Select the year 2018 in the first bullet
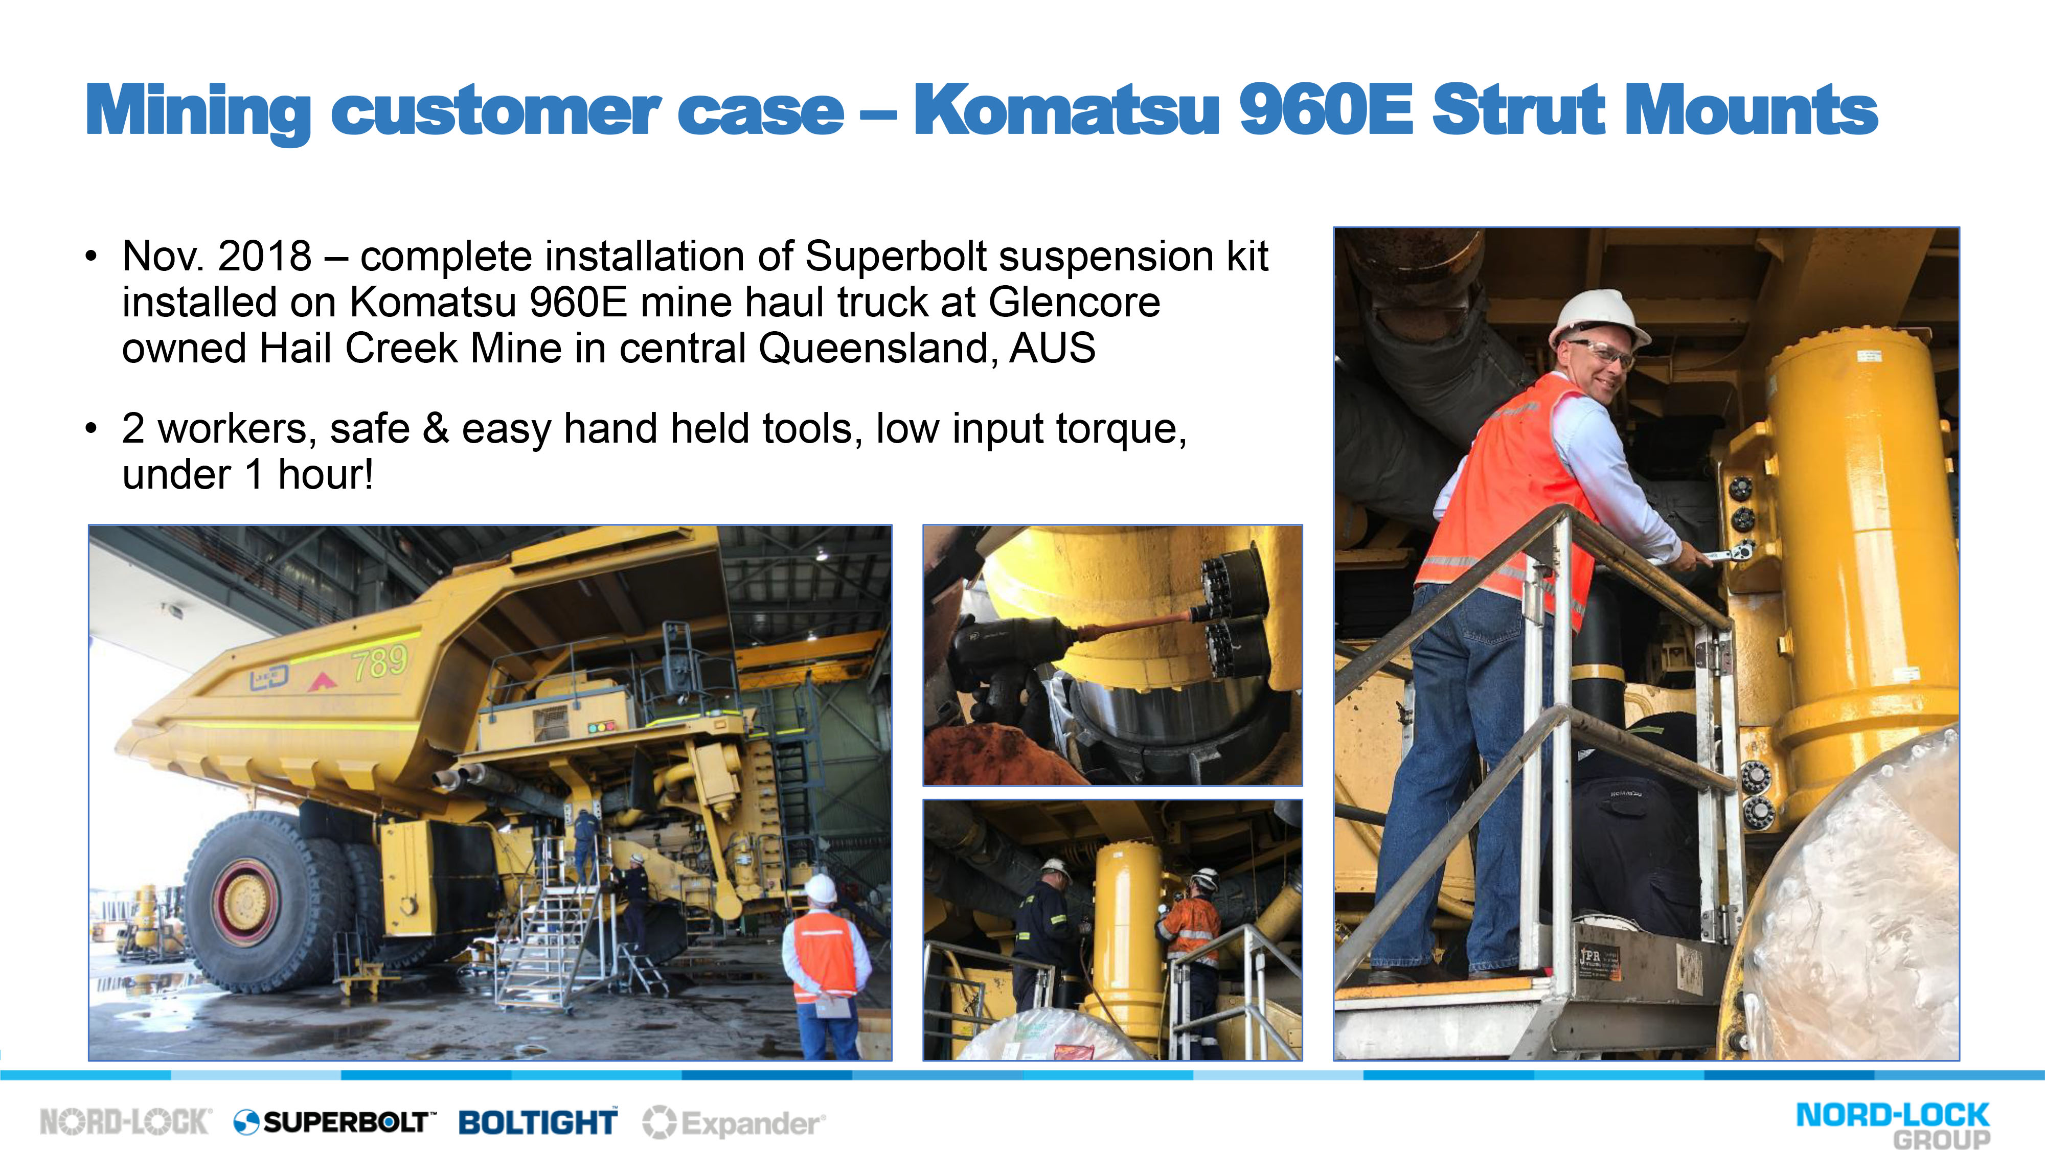click(x=264, y=257)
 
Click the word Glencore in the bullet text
click(x=1074, y=303)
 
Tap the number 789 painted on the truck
click(x=380, y=662)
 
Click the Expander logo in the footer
click(x=734, y=1122)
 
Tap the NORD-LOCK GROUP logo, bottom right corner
click(x=1893, y=1124)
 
